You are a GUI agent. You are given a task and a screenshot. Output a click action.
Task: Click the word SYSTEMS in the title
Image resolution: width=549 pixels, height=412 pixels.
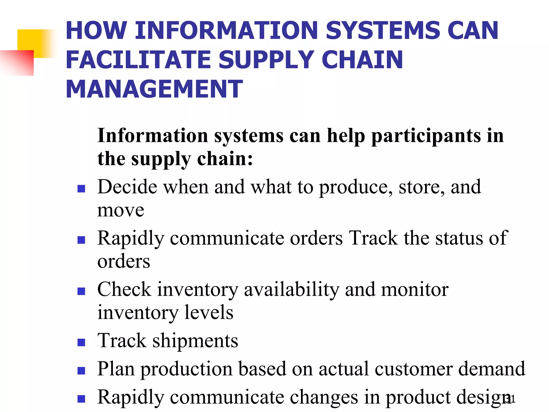click(383, 31)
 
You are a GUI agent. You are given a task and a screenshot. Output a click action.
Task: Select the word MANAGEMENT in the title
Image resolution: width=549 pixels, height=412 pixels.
click(154, 89)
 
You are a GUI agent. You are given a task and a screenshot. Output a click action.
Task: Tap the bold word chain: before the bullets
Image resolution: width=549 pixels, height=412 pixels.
click(225, 159)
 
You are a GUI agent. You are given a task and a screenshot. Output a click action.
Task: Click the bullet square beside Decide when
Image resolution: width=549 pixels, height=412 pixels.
click(81, 189)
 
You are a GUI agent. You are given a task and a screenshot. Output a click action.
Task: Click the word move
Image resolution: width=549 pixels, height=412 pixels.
click(121, 210)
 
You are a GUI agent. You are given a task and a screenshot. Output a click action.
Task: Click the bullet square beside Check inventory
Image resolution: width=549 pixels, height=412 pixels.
click(81, 291)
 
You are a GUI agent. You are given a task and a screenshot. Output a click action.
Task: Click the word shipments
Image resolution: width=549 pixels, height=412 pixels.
click(195, 341)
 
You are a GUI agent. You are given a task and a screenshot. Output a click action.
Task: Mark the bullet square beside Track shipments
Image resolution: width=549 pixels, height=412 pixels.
click(81, 343)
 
